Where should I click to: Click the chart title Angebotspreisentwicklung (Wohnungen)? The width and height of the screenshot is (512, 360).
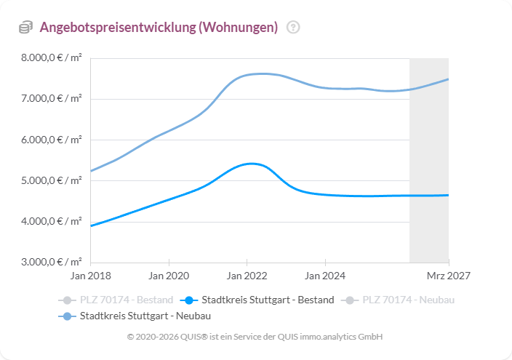pyautogui.click(x=159, y=28)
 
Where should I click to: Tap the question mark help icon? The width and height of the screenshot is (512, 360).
pyautogui.click(x=293, y=28)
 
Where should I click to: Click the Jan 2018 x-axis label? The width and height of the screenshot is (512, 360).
pyautogui.click(x=90, y=276)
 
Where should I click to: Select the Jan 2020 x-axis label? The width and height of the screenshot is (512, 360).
pyautogui.click(x=169, y=276)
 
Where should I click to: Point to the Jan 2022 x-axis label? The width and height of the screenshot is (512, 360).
pyautogui.click(x=247, y=276)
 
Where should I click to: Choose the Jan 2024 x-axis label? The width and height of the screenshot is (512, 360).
pyautogui.click(x=325, y=276)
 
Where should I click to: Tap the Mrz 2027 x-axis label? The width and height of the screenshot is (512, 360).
pyautogui.click(x=448, y=276)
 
